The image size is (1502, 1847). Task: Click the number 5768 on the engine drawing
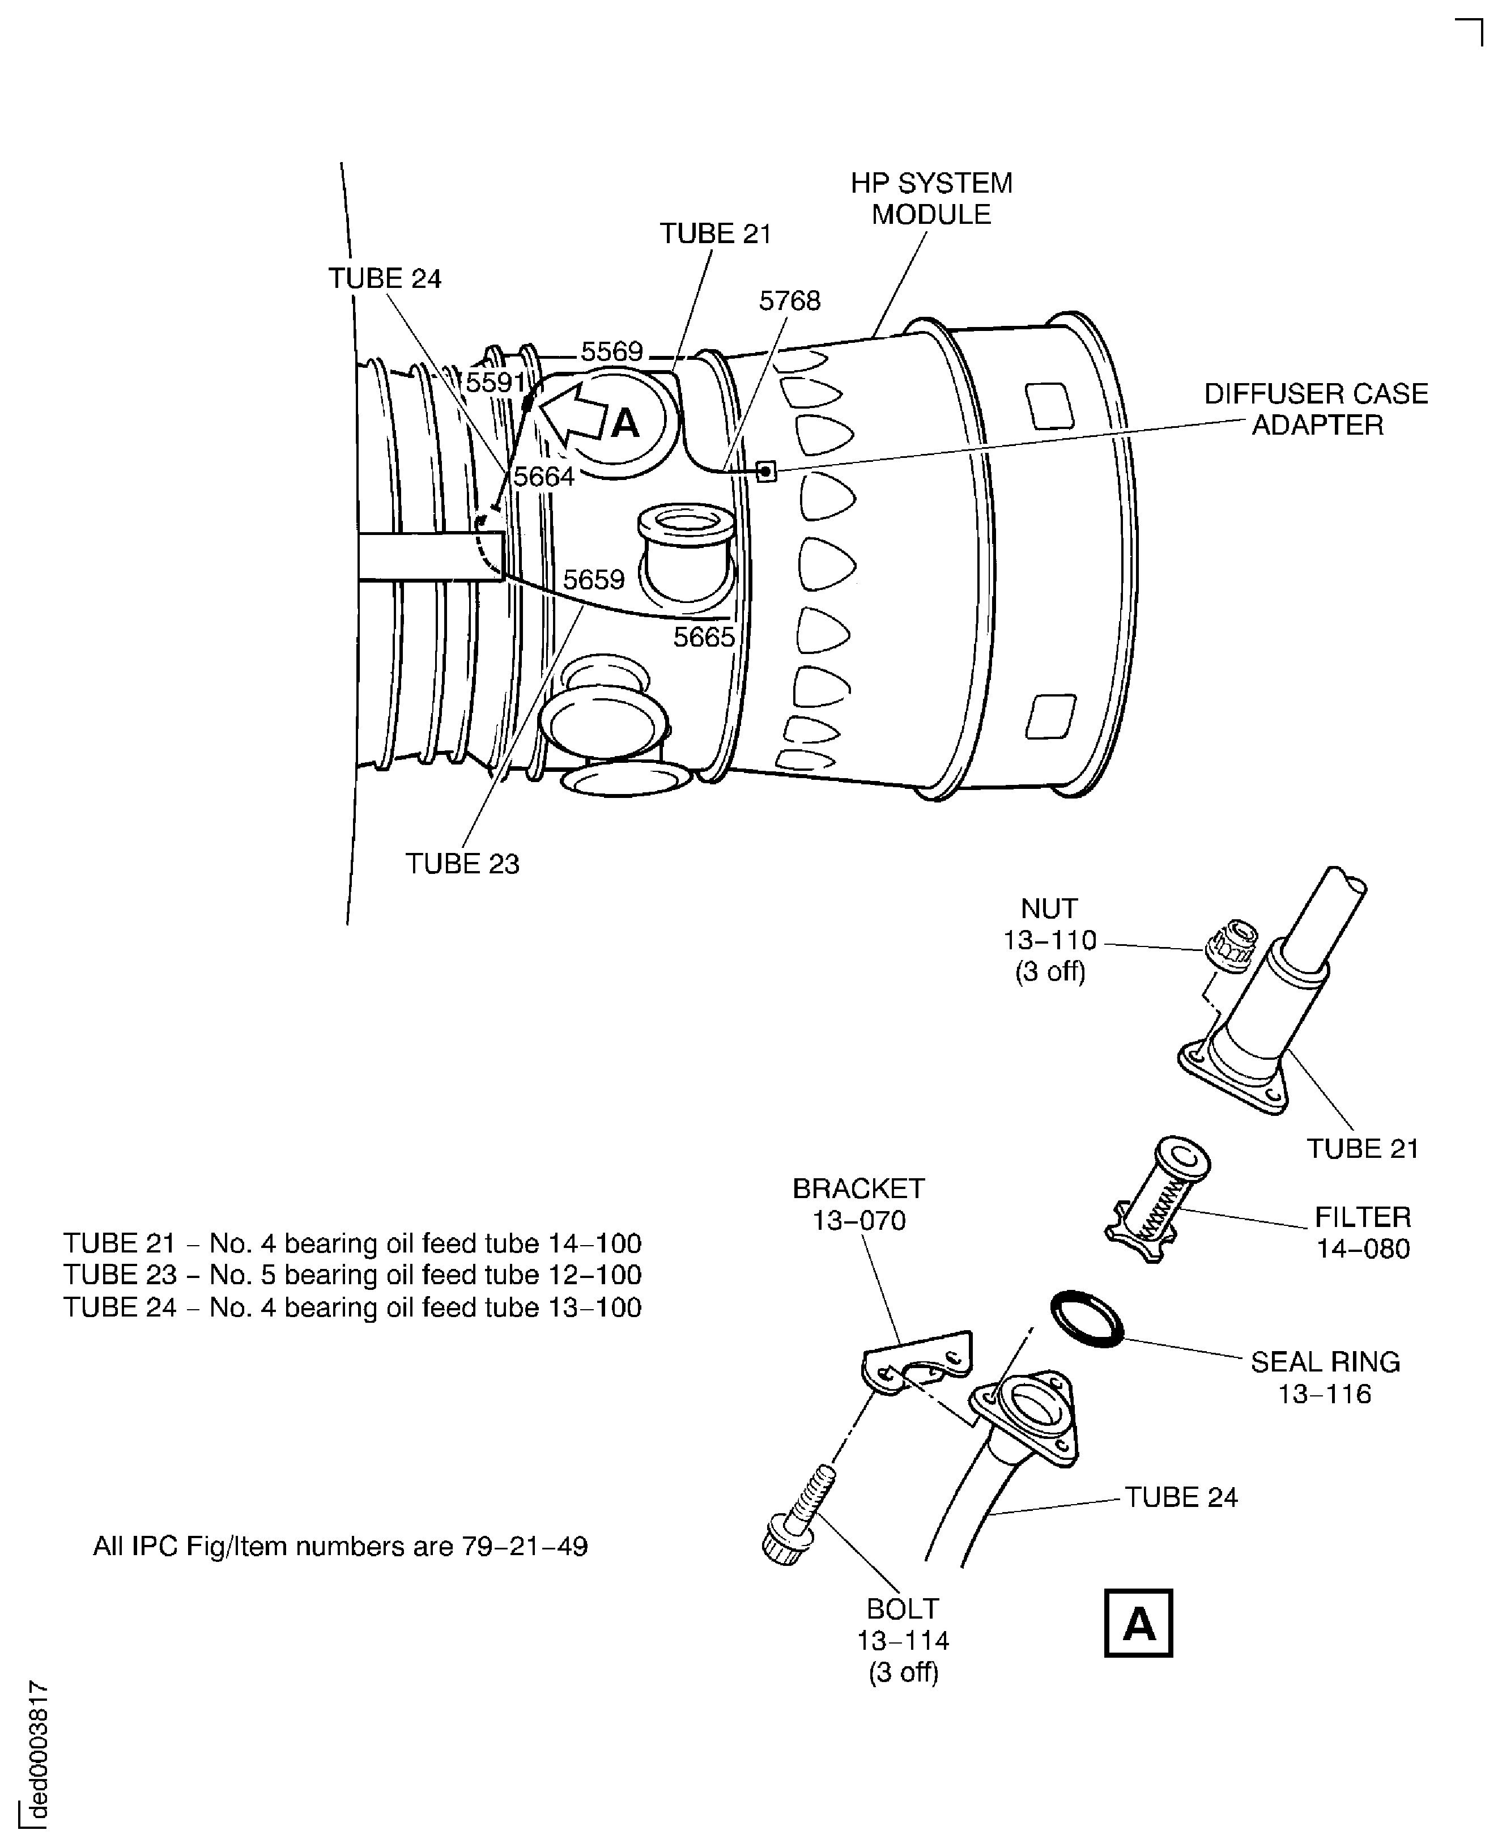point(789,300)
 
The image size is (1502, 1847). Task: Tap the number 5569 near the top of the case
point(612,351)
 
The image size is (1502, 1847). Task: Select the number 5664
point(544,476)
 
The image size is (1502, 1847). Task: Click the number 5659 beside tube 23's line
point(594,579)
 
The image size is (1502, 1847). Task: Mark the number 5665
point(704,637)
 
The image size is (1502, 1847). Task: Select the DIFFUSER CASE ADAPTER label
point(1316,409)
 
